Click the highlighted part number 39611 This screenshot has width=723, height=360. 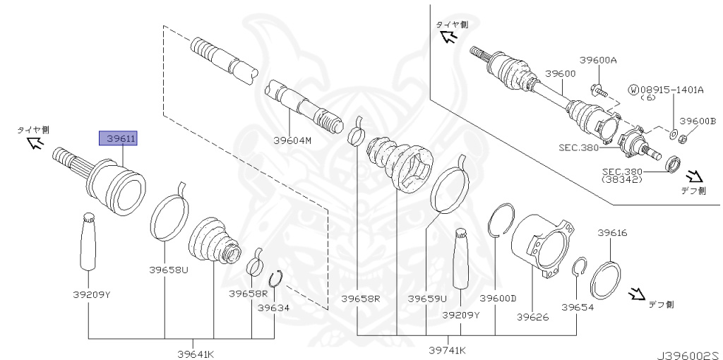[x=120, y=139]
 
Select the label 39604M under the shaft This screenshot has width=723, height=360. [x=292, y=140]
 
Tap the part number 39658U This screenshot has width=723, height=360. [x=168, y=269]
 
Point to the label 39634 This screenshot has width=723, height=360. [x=273, y=308]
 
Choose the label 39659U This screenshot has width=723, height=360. [x=426, y=299]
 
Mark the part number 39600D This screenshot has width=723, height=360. [x=498, y=299]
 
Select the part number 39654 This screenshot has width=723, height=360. [x=578, y=307]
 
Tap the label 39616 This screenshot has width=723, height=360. [x=612, y=232]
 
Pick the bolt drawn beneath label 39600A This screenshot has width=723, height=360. [x=596, y=89]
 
